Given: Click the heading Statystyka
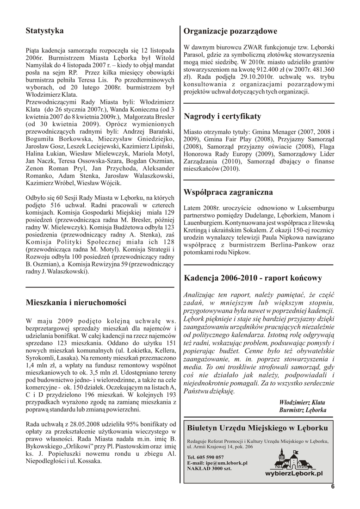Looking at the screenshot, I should (44, 31).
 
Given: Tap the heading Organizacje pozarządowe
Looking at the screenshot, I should (230, 31).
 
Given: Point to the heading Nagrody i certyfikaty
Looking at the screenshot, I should (222, 116).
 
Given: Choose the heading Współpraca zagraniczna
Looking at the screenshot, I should (228, 192).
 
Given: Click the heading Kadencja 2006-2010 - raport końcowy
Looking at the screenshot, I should (253, 278).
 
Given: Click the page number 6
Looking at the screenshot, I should (332, 486).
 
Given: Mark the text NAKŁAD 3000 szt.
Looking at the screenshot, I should (209, 468).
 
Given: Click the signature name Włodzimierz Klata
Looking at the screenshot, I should (303, 402).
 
